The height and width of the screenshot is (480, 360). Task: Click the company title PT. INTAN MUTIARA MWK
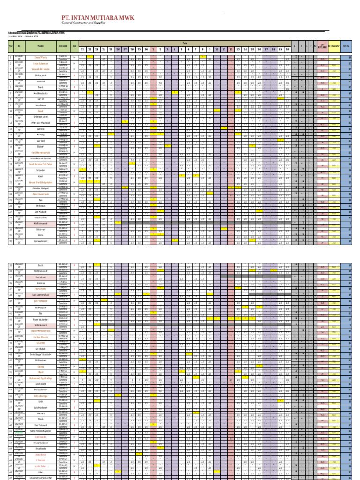tap(98, 18)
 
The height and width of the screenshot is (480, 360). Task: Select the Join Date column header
tap(63, 46)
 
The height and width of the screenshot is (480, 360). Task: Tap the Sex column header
tap(75, 46)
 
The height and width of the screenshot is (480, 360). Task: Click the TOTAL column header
tap(346, 46)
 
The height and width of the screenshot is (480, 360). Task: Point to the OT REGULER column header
tap(322, 46)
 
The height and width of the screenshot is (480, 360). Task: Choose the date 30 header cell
tap(146, 49)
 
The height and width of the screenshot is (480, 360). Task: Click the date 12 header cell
tap(231, 49)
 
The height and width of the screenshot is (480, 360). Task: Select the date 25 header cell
tap(111, 49)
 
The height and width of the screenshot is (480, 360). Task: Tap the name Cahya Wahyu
tap(41, 58)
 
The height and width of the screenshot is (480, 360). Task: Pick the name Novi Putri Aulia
tap(41, 93)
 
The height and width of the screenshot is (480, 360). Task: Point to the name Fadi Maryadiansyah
tap(41, 152)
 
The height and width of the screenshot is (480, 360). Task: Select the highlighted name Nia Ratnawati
tap(41, 224)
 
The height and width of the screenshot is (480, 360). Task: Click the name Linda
tap(41, 235)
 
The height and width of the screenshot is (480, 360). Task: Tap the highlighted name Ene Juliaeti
tap(41, 277)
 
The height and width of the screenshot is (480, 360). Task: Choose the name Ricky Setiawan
tap(41, 301)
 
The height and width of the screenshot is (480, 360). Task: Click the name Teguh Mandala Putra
tap(41, 331)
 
